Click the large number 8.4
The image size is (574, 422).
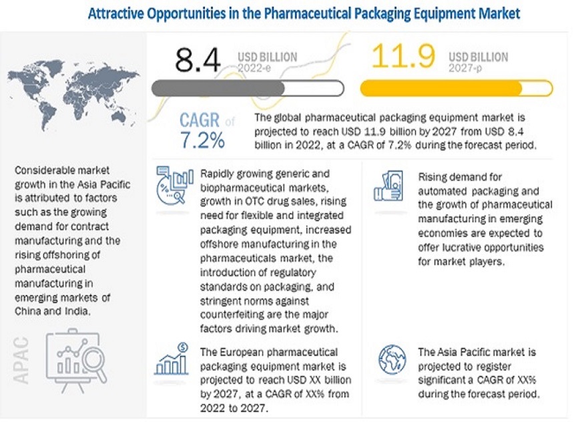tap(198, 59)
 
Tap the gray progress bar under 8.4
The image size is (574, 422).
tap(248, 88)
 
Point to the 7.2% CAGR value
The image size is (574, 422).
tap(202, 141)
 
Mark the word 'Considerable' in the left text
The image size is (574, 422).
tap(45, 171)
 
